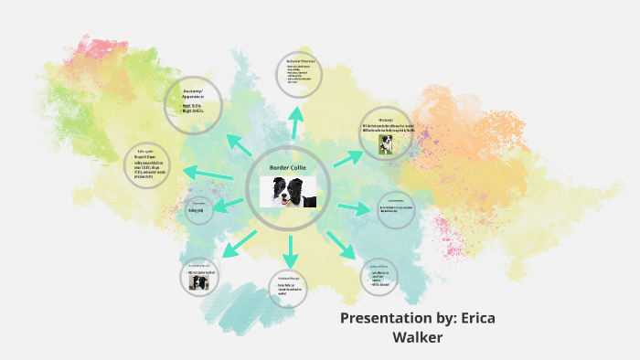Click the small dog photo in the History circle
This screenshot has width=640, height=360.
[x=372, y=144]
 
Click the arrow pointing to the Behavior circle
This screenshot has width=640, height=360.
[x=296, y=122]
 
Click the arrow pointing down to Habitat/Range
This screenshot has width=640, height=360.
[x=292, y=250]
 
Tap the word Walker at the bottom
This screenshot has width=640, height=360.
[x=419, y=338]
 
